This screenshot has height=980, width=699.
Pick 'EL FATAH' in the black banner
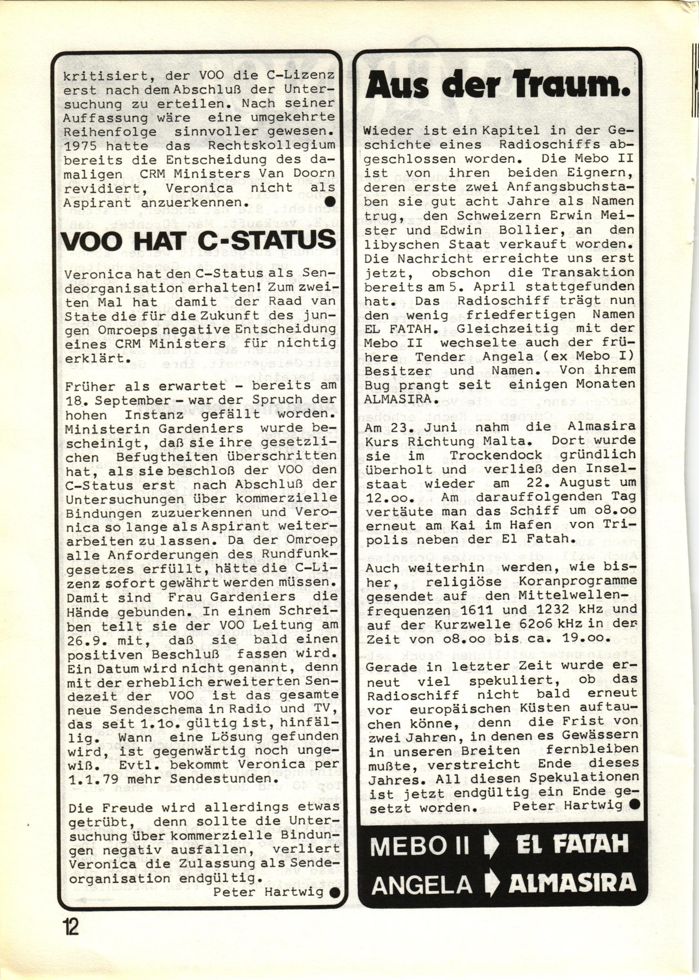(x=571, y=845)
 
